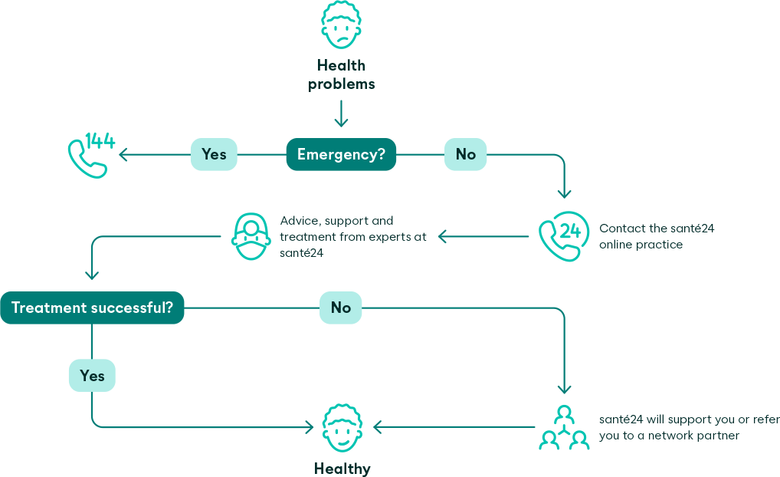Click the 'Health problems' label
342,75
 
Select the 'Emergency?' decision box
342,154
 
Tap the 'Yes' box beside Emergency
214,154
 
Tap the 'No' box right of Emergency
466,154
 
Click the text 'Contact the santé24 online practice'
657,236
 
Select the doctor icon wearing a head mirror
250,236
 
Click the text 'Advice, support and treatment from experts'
353,236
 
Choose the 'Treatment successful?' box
93,308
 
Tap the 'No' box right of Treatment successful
341,308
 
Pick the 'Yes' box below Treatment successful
92,376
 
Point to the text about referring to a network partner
689,427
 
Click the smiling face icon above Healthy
342,429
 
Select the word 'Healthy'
342,468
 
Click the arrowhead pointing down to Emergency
342,123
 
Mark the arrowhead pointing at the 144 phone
123,154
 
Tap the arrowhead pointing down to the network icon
565,390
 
